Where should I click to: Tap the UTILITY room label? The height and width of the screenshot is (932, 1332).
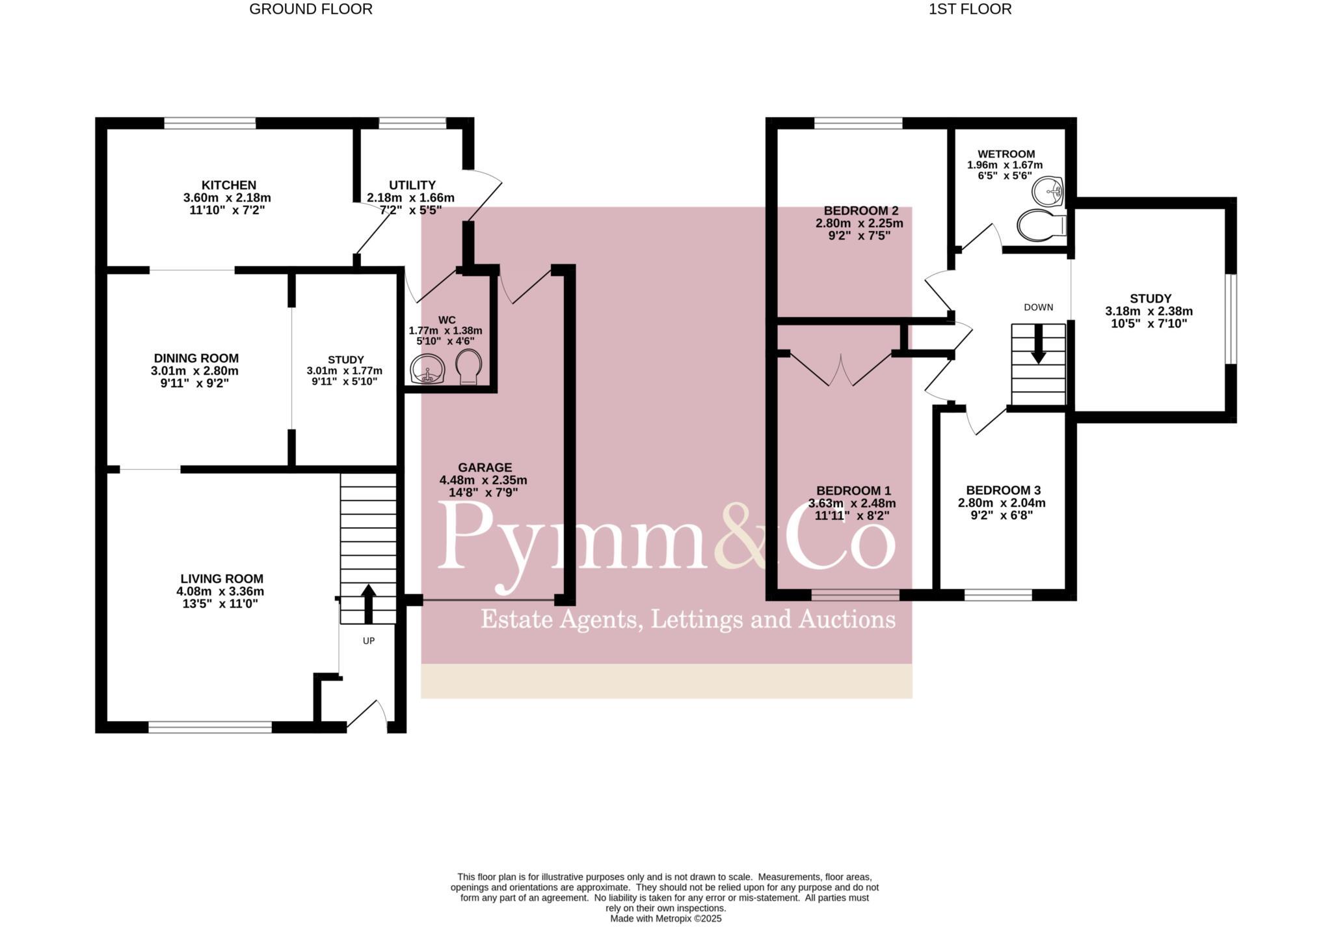[412, 185]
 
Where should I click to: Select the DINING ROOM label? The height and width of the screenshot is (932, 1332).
[196, 359]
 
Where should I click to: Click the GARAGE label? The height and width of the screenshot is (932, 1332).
[485, 468]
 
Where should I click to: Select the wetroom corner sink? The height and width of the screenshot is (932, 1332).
[1048, 190]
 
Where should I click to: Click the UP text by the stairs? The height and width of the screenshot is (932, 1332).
[369, 641]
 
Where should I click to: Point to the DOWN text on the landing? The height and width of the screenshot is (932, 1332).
[1038, 308]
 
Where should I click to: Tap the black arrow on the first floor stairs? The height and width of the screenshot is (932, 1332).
[1038, 344]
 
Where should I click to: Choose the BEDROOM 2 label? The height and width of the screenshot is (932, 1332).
[860, 211]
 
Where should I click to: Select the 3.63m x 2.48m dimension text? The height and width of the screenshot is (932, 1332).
[852, 504]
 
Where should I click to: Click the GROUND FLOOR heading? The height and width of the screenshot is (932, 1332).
[311, 9]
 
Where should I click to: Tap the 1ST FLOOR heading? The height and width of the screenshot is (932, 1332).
[970, 9]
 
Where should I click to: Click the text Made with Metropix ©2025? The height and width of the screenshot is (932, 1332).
[665, 919]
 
